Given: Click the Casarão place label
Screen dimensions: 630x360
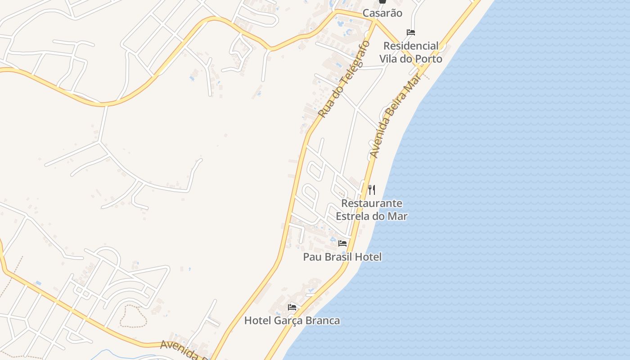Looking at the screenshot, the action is pos(382,13).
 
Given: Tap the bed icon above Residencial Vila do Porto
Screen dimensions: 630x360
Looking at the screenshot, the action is pos(410,32).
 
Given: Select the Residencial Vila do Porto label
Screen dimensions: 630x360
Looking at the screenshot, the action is pos(410,52).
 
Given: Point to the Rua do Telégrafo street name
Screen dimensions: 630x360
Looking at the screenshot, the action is pos(344,79).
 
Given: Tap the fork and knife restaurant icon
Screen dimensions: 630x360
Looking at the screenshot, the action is pos(371,189).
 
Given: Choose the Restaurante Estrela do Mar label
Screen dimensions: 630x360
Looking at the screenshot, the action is pos(372,210).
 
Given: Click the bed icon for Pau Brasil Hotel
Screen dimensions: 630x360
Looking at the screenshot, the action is pos(342,243).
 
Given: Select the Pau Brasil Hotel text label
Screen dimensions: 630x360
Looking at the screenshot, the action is pos(342,257).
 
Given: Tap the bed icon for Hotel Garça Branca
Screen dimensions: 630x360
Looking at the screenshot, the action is pos(292,307).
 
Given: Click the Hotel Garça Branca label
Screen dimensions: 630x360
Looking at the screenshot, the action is pos(292,320).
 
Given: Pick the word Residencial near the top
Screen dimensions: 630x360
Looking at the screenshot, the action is pos(410,46).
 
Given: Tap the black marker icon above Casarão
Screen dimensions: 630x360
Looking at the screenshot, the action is pos(382,2).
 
